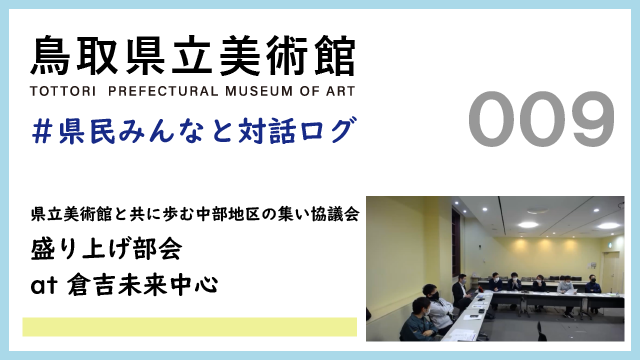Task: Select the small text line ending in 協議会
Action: (x=195, y=214)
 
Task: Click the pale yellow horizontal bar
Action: (x=189, y=327)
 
